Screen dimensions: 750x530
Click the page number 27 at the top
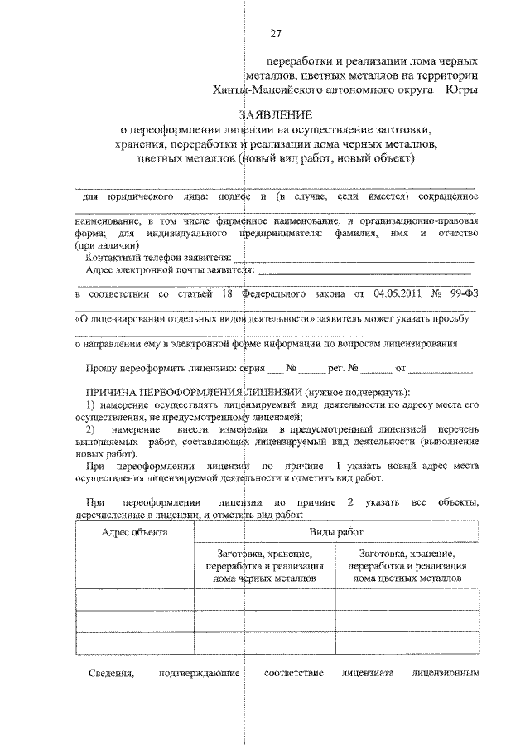(276, 33)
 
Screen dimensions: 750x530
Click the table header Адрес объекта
(134, 532)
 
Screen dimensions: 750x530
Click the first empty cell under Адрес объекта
(134, 598)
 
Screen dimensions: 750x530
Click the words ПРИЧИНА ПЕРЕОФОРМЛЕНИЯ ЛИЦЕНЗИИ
(194, 391)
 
